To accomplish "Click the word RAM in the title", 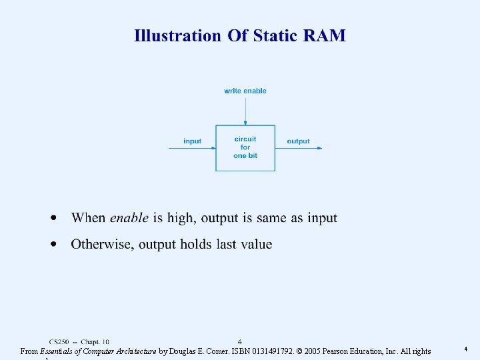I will (325, 35).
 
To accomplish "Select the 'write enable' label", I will (245, 91).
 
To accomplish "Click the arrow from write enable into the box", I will (245, 110).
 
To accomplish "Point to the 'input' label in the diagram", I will (192, 141).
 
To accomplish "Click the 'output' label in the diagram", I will (298, 141).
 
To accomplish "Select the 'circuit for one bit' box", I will (245, 147).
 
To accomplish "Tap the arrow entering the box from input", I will (192, 148).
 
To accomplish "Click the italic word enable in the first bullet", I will (129, 218).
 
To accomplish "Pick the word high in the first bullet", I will (180, 219).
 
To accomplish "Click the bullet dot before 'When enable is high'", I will (54, 218).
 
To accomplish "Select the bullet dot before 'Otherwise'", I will (54, 244).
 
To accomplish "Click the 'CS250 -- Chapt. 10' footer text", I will (79, 341).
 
